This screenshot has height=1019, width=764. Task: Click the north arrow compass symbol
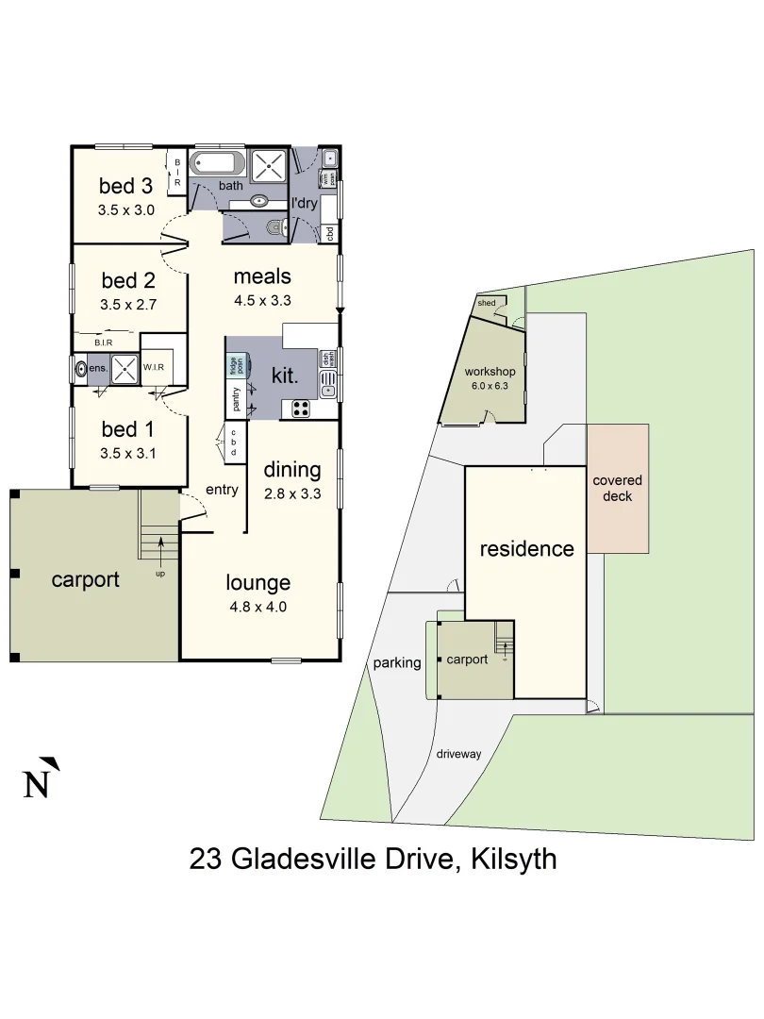point(39,779)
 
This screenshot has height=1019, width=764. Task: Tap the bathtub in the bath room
point(217,164)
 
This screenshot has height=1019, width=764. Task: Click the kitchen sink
point(327,382)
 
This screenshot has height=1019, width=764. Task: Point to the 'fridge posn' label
point(232,364)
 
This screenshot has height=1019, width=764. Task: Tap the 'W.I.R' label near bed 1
point(154,367)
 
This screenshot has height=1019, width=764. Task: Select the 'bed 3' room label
point(126,186)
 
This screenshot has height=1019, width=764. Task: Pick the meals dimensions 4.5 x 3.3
point(261,302)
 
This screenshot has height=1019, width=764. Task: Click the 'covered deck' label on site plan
point(617,488)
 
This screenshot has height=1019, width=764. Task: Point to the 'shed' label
point(487,303)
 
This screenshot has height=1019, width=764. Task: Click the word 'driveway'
point(459,754)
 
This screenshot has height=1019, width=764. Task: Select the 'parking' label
point(396,662)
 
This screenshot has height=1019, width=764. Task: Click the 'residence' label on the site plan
point(526,548)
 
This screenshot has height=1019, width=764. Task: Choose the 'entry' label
point(222,489)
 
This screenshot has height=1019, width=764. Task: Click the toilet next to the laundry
point(274,226)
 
